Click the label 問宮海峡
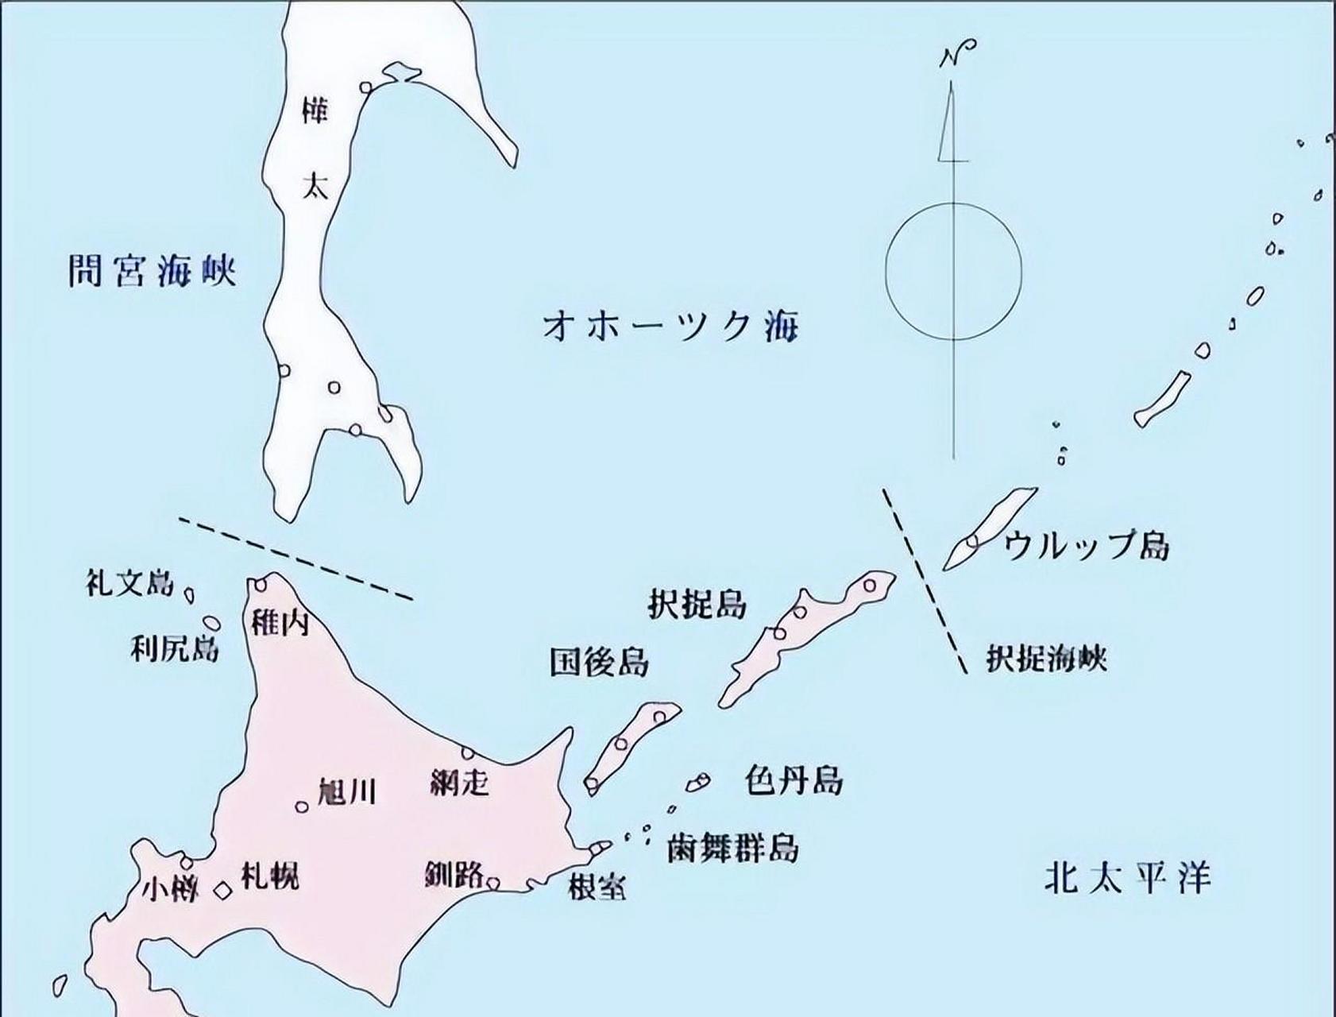pyautogui.click(x=152, y=272)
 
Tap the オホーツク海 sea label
pyautogui.click(x=670, y=325)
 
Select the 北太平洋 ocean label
pyautogui.click(x=1128, y=878)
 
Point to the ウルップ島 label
pyautogui.click(x=1087, y=545)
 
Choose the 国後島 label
pyautogui.click(x=599, y=661)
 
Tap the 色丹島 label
pyautogui.click(x=793, y=780)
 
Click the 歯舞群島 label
pyautogui.click(x=732, y=848)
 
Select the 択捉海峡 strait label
pyautogui.click(x=1046, y=658)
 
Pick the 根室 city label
pyautogui.click(x=597, y=886)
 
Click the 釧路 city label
pyautogui.click(x=454, y=875)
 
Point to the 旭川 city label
pyautogui.click(x=347, y=791)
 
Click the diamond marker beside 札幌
pyautogui.click(x=224, y=891)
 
